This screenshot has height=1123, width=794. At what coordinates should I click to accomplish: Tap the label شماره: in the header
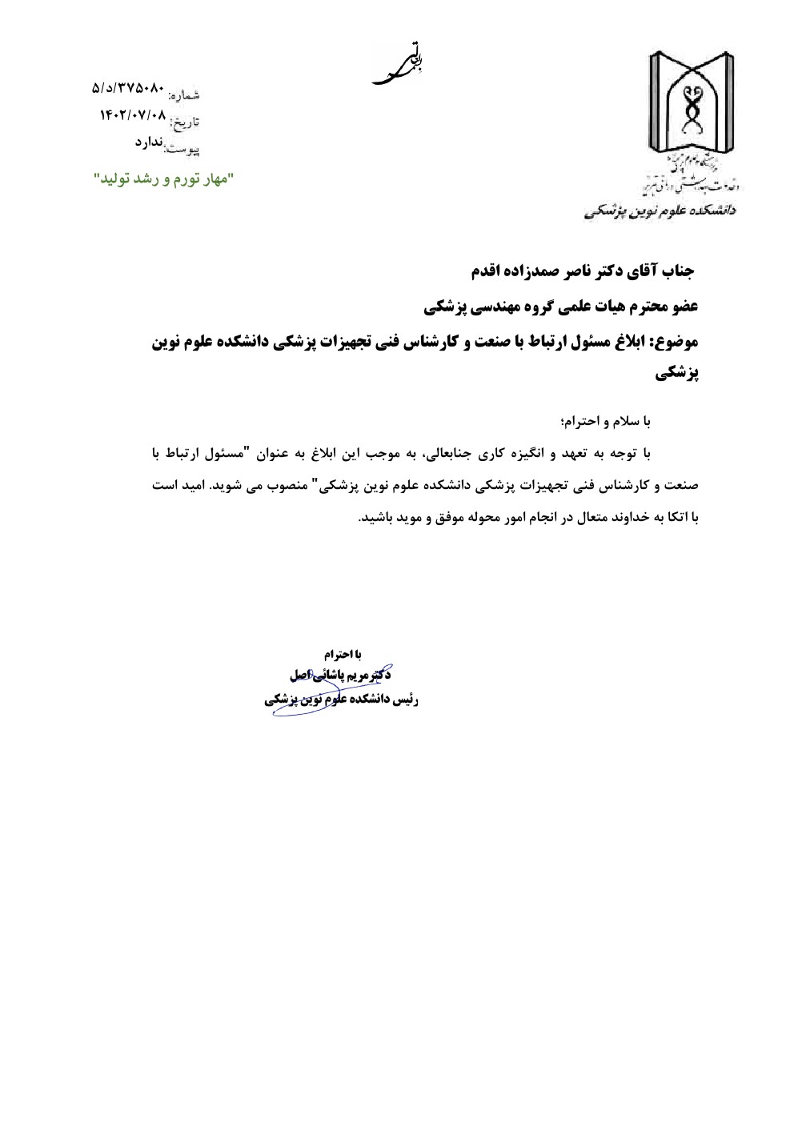point(184,94)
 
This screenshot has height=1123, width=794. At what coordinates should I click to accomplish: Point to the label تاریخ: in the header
point(184,122)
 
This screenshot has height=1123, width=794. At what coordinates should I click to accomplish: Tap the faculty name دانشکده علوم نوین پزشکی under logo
point(660,211)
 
